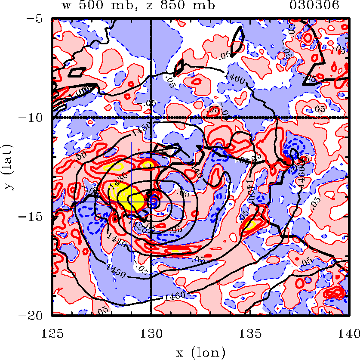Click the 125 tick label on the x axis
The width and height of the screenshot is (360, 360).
pyautogui.click(x=52, y=332)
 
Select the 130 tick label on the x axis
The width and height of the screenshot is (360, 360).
pyautogui.click(x=151, y=332)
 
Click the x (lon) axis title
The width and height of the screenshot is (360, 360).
pyautogui.click(x=200, y=353)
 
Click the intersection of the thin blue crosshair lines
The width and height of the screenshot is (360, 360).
pyautogui.click(x=131, y=202)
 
